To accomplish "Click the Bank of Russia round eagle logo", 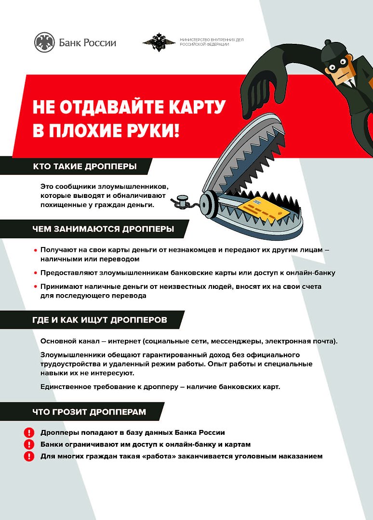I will [44, 43].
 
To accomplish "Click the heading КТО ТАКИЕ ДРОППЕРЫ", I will [84, 167].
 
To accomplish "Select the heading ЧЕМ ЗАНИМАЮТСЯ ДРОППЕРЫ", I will [103, 229].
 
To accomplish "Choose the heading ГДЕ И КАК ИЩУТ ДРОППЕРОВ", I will [100, 320].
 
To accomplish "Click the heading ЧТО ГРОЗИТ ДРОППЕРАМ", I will [89, 412].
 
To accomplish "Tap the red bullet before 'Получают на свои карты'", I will [36, 251].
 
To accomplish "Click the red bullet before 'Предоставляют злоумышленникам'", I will [36, 273].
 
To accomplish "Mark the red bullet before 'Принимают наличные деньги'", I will [36, 287].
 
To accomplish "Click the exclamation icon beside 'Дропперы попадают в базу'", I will [29, 432].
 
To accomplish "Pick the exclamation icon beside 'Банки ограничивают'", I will [29, 444].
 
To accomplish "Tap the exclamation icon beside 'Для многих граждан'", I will [29, 456].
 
